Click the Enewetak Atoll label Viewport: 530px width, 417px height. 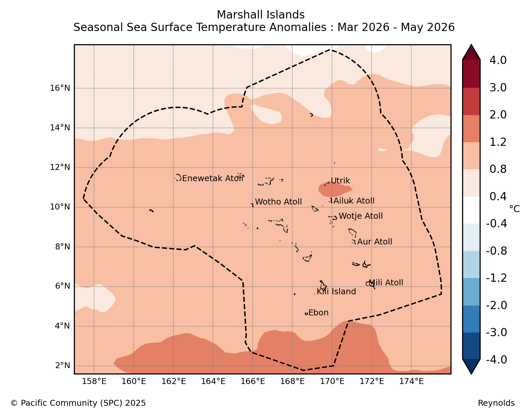point(213,178)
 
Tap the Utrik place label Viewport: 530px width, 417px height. point(340,181)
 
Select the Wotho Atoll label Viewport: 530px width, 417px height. point(278,202)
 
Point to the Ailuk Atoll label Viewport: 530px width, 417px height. point(354,201)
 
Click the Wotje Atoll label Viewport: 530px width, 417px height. point(361,216)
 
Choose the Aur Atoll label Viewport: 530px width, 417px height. point(375,242)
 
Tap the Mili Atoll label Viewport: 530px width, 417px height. point(386,283)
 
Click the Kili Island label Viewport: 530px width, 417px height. point(336,292)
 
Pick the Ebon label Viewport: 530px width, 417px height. point(319,313)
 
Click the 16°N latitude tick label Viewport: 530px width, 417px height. point(60,88)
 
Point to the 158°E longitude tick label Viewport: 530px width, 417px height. point(94,381)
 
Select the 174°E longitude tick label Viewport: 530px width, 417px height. point(411,381)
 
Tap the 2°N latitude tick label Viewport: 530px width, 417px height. point(63,366)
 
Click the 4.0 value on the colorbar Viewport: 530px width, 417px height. point(498,60)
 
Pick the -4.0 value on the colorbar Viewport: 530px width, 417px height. point(496,360)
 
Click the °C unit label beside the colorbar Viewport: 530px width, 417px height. point(514,209)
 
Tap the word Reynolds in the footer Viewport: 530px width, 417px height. point(496,403)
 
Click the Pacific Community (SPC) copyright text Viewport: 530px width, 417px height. point(78,403)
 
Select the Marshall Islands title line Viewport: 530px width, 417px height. point(261,15)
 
